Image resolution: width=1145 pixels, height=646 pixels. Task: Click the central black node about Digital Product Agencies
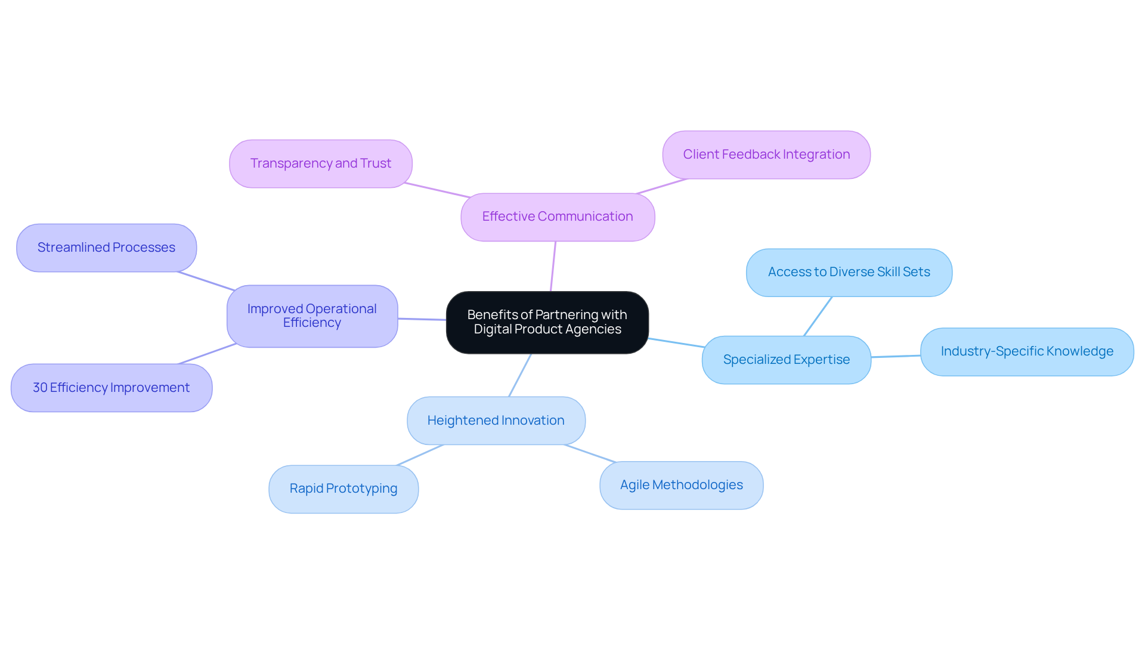(547, 322)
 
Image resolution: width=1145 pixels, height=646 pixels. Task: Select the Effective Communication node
(558, 217)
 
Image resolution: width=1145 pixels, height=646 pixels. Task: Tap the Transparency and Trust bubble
(320, 163)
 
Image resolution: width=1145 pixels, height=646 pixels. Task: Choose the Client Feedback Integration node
(766, 154)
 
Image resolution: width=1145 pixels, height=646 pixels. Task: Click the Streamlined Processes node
(106, 248)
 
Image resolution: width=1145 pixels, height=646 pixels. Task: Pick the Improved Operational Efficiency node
(312, 316)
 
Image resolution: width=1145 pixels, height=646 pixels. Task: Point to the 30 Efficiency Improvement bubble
(112, 388)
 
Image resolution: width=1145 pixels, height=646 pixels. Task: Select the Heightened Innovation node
(496, 421)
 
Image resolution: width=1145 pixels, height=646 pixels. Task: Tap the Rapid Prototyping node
(343, 489)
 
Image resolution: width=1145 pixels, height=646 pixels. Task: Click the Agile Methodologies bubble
(681, 485)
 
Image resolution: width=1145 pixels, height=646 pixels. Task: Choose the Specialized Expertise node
(786, 360)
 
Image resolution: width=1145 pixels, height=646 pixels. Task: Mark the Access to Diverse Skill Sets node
(849, 272)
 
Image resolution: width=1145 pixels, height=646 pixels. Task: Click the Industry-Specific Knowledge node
(1026, 351)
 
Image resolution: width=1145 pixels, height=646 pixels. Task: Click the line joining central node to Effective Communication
(553, 266)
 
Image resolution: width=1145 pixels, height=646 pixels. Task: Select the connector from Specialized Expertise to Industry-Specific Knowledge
(896, 356)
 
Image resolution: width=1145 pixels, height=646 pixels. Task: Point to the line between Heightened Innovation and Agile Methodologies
(590, 453)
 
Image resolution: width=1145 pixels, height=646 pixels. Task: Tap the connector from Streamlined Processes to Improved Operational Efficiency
(206, 281)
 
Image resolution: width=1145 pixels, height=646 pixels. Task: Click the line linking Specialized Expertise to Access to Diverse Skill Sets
(818, 316)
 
